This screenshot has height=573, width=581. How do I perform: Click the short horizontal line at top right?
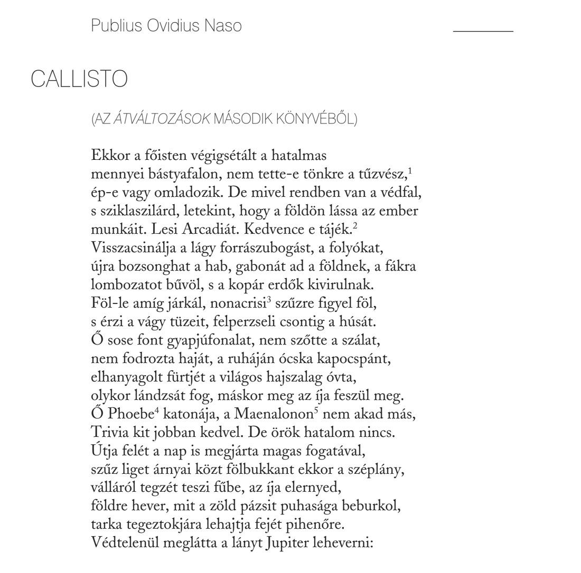coord(483,32)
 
